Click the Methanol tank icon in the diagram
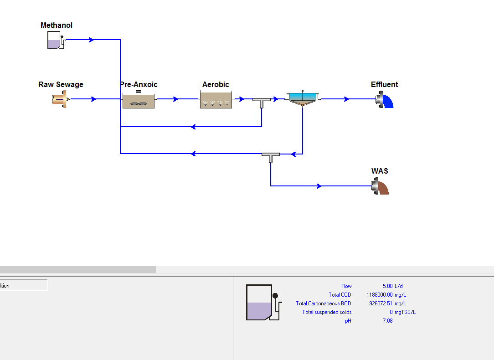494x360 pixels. point(55,41)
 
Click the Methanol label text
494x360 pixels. point(57,26)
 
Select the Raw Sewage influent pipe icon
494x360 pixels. point(60,99)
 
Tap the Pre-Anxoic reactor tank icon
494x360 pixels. point(139,100)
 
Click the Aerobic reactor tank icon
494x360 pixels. point(216,100)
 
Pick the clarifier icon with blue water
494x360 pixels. point(303,98)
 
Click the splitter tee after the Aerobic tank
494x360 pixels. point(262,101)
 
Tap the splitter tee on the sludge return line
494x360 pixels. point(271,156)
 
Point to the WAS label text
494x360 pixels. point(380,171)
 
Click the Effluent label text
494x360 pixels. point(384,85)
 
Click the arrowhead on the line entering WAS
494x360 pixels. point(319,186)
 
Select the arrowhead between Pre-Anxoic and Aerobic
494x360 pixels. point(175,99)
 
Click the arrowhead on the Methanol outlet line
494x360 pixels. point(92,40)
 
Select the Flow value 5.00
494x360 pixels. point(387,286)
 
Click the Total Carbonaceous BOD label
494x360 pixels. point(324,303)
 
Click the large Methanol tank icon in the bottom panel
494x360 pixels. point(260,302)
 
